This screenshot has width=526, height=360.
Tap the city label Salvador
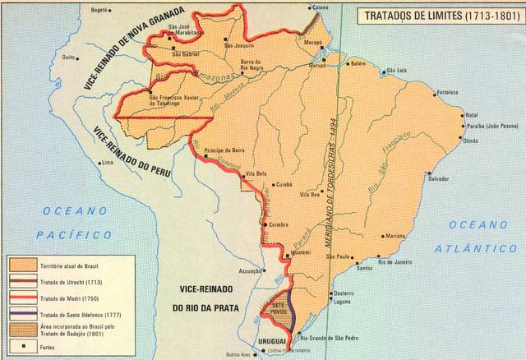click(439, 178)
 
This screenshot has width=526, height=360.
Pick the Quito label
click(69, 58)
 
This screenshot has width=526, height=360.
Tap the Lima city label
click(108, 163)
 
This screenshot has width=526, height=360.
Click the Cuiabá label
click(284, 185)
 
